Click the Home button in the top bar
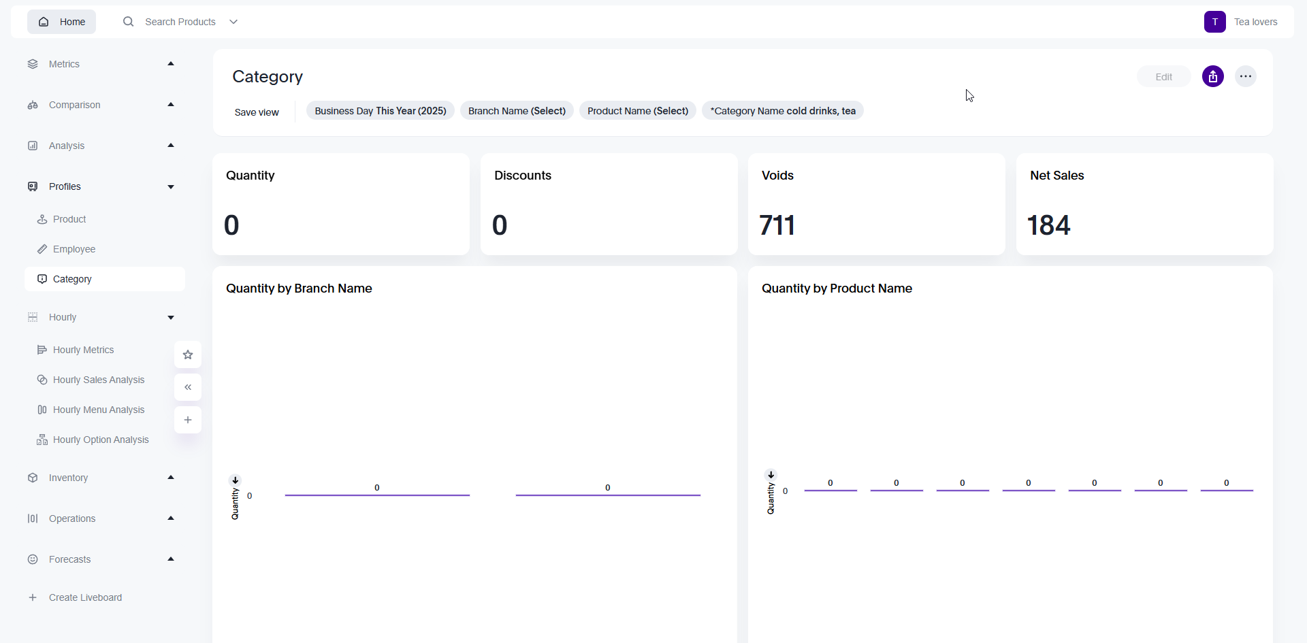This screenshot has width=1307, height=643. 61,22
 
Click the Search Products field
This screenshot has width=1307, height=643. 180,22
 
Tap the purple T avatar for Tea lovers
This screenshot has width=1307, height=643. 1214,22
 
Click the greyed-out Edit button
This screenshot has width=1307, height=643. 1163,77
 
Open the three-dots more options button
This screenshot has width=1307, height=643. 1245,76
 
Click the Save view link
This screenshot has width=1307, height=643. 257,112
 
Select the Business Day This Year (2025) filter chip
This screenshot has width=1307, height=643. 380,111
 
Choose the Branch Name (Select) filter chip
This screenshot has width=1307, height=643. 517,111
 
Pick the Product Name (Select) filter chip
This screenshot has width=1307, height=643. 637,111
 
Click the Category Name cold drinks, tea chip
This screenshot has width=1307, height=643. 782,111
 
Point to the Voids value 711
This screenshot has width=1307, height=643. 777,225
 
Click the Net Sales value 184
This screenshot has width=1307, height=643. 1048,225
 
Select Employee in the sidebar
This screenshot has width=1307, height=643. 74,249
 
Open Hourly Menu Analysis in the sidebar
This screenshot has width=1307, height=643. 99,410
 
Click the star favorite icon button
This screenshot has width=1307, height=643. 188,355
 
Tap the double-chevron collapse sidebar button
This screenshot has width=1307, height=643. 188,387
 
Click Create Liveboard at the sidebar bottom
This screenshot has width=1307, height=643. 85,597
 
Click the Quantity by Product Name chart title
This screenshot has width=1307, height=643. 837,288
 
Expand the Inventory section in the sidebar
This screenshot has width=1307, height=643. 68,478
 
